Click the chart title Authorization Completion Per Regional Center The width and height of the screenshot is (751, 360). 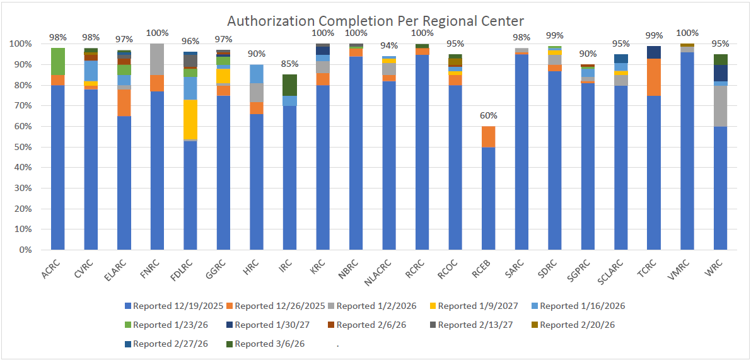tap(376, 21)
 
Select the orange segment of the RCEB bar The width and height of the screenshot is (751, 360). tap(488, 136)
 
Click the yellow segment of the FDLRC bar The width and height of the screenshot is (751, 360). tap(190, 119)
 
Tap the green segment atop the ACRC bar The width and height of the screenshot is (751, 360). tap(58, 61)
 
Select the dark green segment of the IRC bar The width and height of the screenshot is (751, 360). tap(289, 85)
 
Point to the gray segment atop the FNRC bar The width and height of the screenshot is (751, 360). tap(157, 59)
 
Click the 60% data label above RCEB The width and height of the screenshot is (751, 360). tap(488, 116)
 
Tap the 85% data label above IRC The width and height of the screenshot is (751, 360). tap(289, 64)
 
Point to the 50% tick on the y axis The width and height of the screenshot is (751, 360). tap(22, 147)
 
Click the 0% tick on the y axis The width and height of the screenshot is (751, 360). tap(25, 250)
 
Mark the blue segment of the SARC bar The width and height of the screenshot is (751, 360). tap(521, 151)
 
